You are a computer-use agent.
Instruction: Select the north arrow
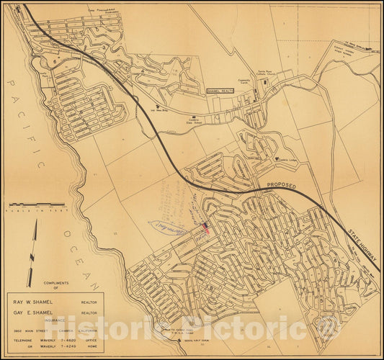point(32,252)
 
